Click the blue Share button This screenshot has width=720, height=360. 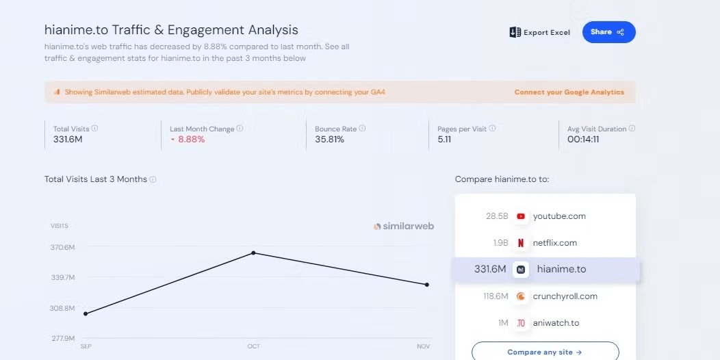(x=609, y=32)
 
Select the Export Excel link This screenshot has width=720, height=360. (x=540, y=32)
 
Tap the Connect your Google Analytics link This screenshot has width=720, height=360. (x=569, y=92)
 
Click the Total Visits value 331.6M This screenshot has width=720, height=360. (x=68, y=139)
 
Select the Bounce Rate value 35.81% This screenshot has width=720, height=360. (x=330, y=139)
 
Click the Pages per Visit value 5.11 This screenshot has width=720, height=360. (x=444, y=139)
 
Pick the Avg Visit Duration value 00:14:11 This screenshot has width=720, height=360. (x=583, y=139)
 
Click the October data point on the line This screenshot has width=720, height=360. (x=253, y=253)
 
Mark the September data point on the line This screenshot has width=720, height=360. (x=86, y=313)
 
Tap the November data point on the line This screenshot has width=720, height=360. (x=427, y=285)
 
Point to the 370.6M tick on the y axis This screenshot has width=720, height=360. (x=62, y=248)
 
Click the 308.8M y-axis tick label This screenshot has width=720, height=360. (x=62, y=308)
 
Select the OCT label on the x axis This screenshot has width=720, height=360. (x=254, y=346)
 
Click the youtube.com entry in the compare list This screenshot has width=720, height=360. (x=559, y=216)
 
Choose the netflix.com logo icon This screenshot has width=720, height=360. (x=521, y=243)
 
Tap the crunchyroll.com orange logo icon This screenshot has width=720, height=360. (x=521, y=296)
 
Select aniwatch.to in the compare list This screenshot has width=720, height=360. (x=556, y=323)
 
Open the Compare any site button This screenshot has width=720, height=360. (x=545, y=351)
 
